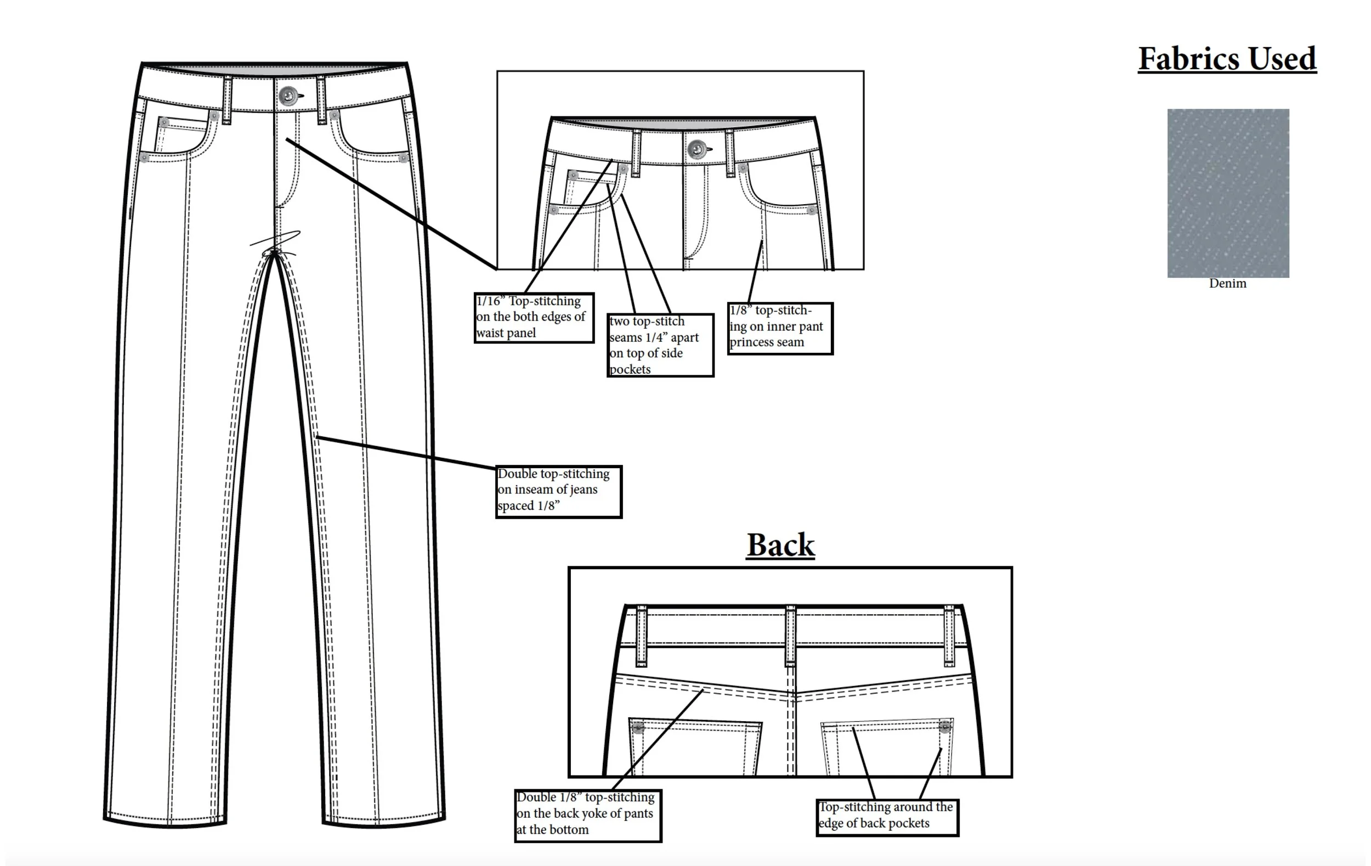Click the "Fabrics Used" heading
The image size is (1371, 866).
point(1227,59)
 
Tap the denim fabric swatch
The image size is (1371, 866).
point(1228,193)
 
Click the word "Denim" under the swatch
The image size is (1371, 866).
point(1227,283)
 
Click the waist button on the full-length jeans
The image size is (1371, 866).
point(288,95)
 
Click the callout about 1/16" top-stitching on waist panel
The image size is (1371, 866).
point(534,317)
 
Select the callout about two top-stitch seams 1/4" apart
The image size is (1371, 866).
point(660,345)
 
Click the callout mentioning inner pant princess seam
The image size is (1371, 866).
point(780,328)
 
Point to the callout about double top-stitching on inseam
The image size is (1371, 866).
point(558,491)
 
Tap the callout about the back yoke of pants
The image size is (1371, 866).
point(587,815)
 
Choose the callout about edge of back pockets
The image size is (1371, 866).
point(887,817)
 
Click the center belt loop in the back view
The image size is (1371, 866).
point(790,636)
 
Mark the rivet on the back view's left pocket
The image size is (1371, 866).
point(638,728)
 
